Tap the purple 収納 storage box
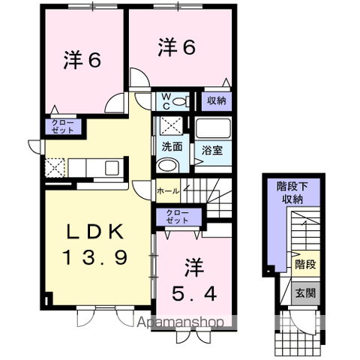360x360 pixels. tap(216, 100)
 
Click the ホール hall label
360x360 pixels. tap(168, 191)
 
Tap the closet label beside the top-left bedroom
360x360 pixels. tap(64, 126)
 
